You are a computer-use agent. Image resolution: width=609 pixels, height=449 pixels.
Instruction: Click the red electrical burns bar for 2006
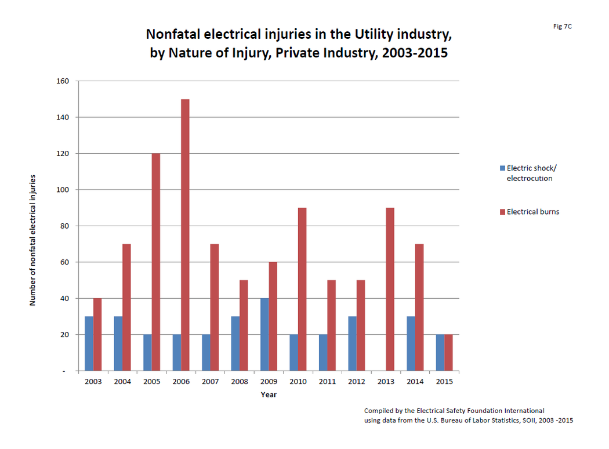pos(185,235)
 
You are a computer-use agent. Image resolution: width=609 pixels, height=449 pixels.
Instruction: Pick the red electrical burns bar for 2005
pos(156,262)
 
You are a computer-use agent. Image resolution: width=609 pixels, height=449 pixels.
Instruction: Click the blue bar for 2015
pos(440,353)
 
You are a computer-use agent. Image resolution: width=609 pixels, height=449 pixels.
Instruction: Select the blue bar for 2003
pos(89,343)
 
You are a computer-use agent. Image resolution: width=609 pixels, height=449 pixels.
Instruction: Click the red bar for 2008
pos(244,325)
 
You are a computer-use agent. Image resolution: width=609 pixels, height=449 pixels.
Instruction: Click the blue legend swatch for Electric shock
pos(503,168)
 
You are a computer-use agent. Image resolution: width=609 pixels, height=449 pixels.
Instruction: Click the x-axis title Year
pos(269,394)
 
